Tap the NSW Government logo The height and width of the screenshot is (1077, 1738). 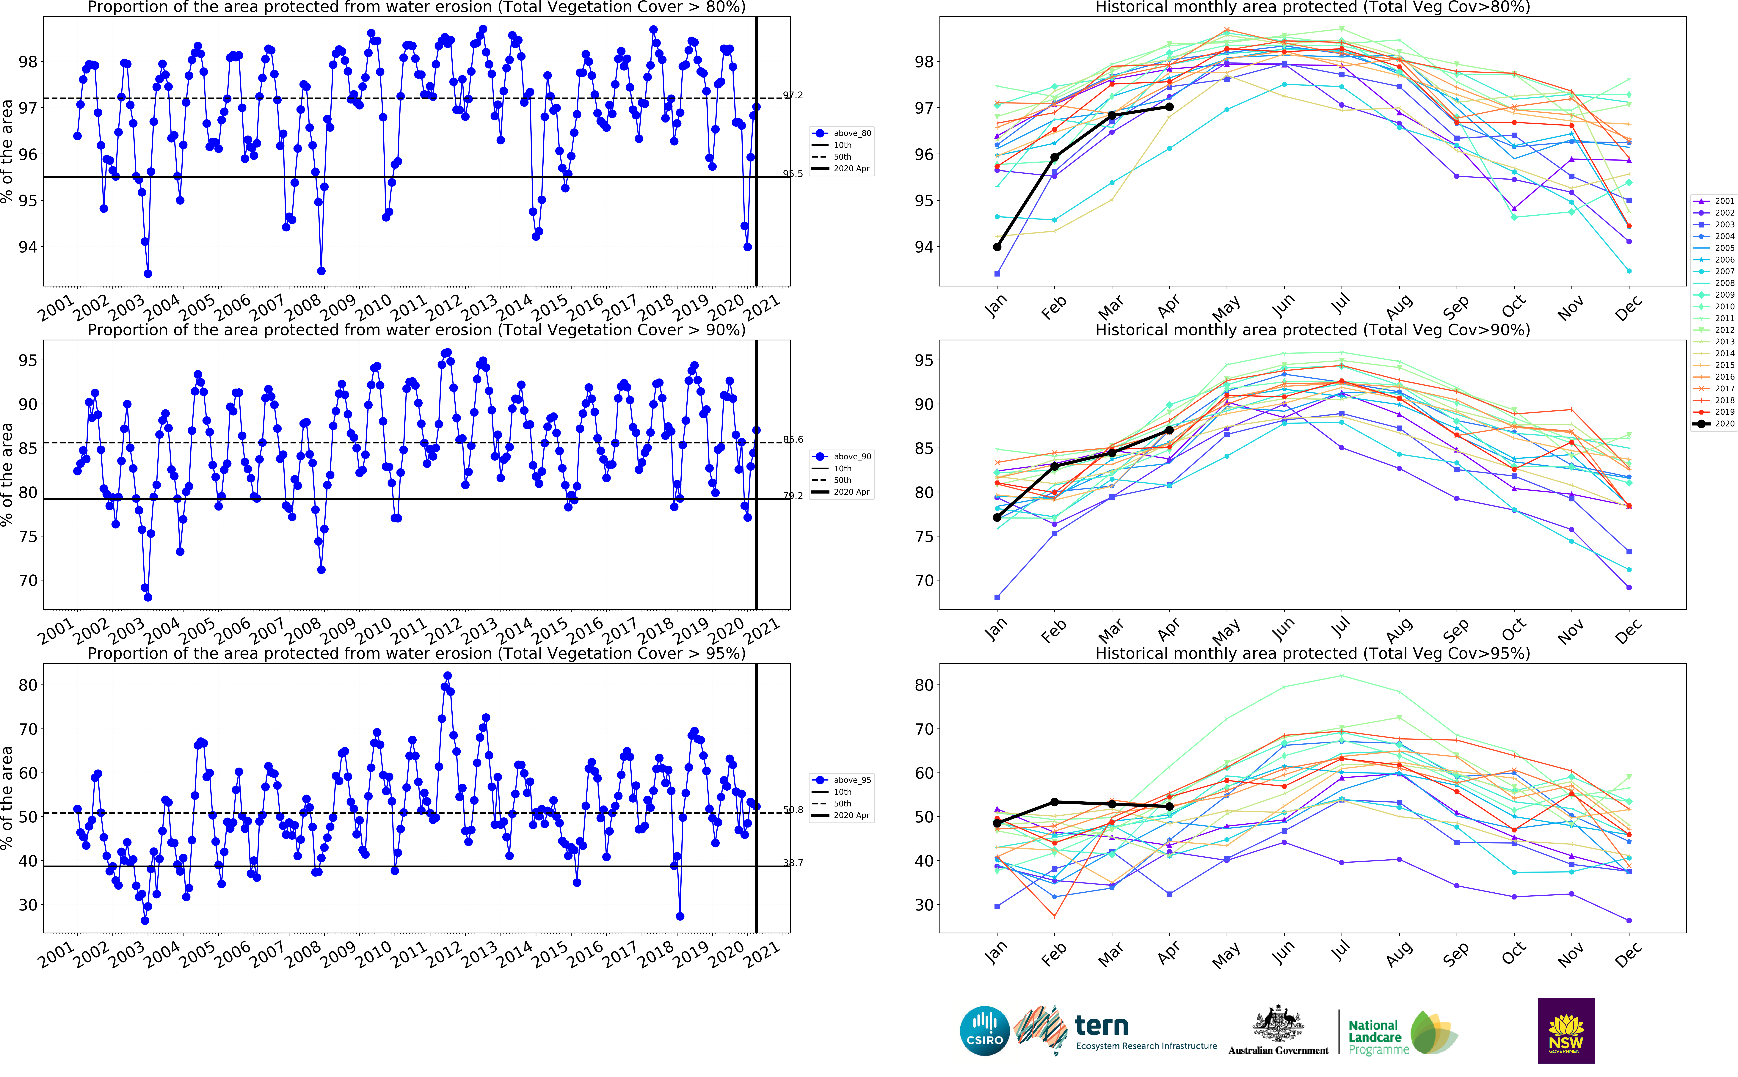pyautogui.click(x=1566, y=1030)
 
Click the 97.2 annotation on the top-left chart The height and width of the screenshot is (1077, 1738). pyautogui.click(x=793, y=95)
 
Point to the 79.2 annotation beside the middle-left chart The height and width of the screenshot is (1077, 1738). pyautogui.click(x=793, y=496)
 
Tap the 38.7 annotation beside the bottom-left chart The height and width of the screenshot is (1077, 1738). pyautogui.click(x=793, y=863)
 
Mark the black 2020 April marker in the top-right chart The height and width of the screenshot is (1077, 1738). pyautogui.click(x=1170, y=107)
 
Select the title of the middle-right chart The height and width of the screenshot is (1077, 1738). pyautogui.click(x=1312, y=330)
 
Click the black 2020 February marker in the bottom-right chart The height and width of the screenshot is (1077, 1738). pyautogui.click(x=1055, y=802)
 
